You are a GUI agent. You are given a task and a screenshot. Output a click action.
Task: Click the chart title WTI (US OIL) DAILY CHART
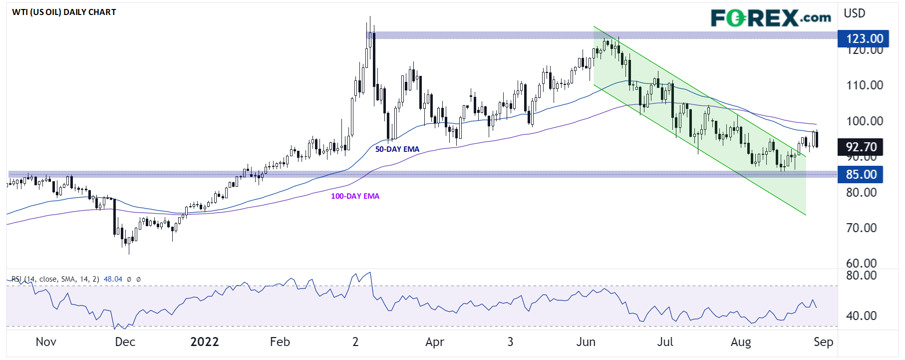[64, 12]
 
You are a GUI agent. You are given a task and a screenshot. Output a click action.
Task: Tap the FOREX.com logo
[771, 18]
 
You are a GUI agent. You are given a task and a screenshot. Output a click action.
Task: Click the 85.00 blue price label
[861, 174]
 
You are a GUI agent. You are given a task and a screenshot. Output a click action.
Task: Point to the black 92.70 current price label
[861, 147]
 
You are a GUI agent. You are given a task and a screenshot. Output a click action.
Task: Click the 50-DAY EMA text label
[397, 149]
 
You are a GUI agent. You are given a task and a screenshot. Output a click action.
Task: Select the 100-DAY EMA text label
[355, 196]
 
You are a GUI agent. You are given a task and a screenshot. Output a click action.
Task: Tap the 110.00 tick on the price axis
[864, 85]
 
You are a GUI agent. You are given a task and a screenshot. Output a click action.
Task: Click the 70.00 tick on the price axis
[861, 228]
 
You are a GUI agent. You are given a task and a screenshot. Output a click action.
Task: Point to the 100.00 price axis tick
[864, 121]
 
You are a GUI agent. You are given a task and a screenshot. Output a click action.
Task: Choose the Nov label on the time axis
[46, 342]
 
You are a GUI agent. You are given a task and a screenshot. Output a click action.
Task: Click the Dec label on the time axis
[125, 342]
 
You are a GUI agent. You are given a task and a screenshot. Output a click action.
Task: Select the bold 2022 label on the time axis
[205, 342]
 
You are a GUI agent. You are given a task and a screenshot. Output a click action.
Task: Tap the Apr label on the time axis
[435, 342]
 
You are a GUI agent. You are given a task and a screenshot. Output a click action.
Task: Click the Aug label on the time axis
[741, 342]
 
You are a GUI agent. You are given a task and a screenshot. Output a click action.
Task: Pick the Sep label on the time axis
[823, 342]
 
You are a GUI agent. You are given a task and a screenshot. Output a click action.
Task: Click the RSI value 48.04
[113, 279]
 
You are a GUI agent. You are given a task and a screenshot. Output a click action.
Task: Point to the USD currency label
[854, 13]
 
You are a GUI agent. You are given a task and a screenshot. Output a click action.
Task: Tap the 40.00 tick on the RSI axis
[861, 316]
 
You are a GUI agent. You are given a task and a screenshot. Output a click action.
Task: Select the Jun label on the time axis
[586, 342]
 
